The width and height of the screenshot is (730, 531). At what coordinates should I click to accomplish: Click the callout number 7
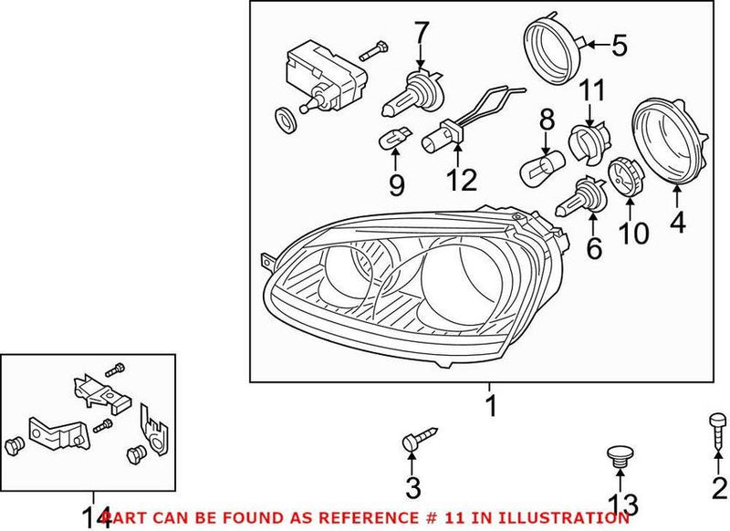coord(420,34)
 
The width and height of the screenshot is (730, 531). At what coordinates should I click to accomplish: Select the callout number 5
coord(620,44)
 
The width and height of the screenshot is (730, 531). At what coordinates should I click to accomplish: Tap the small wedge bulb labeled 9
coord(390,141)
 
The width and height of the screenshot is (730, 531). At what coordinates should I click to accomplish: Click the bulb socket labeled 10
coord(620,176)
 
